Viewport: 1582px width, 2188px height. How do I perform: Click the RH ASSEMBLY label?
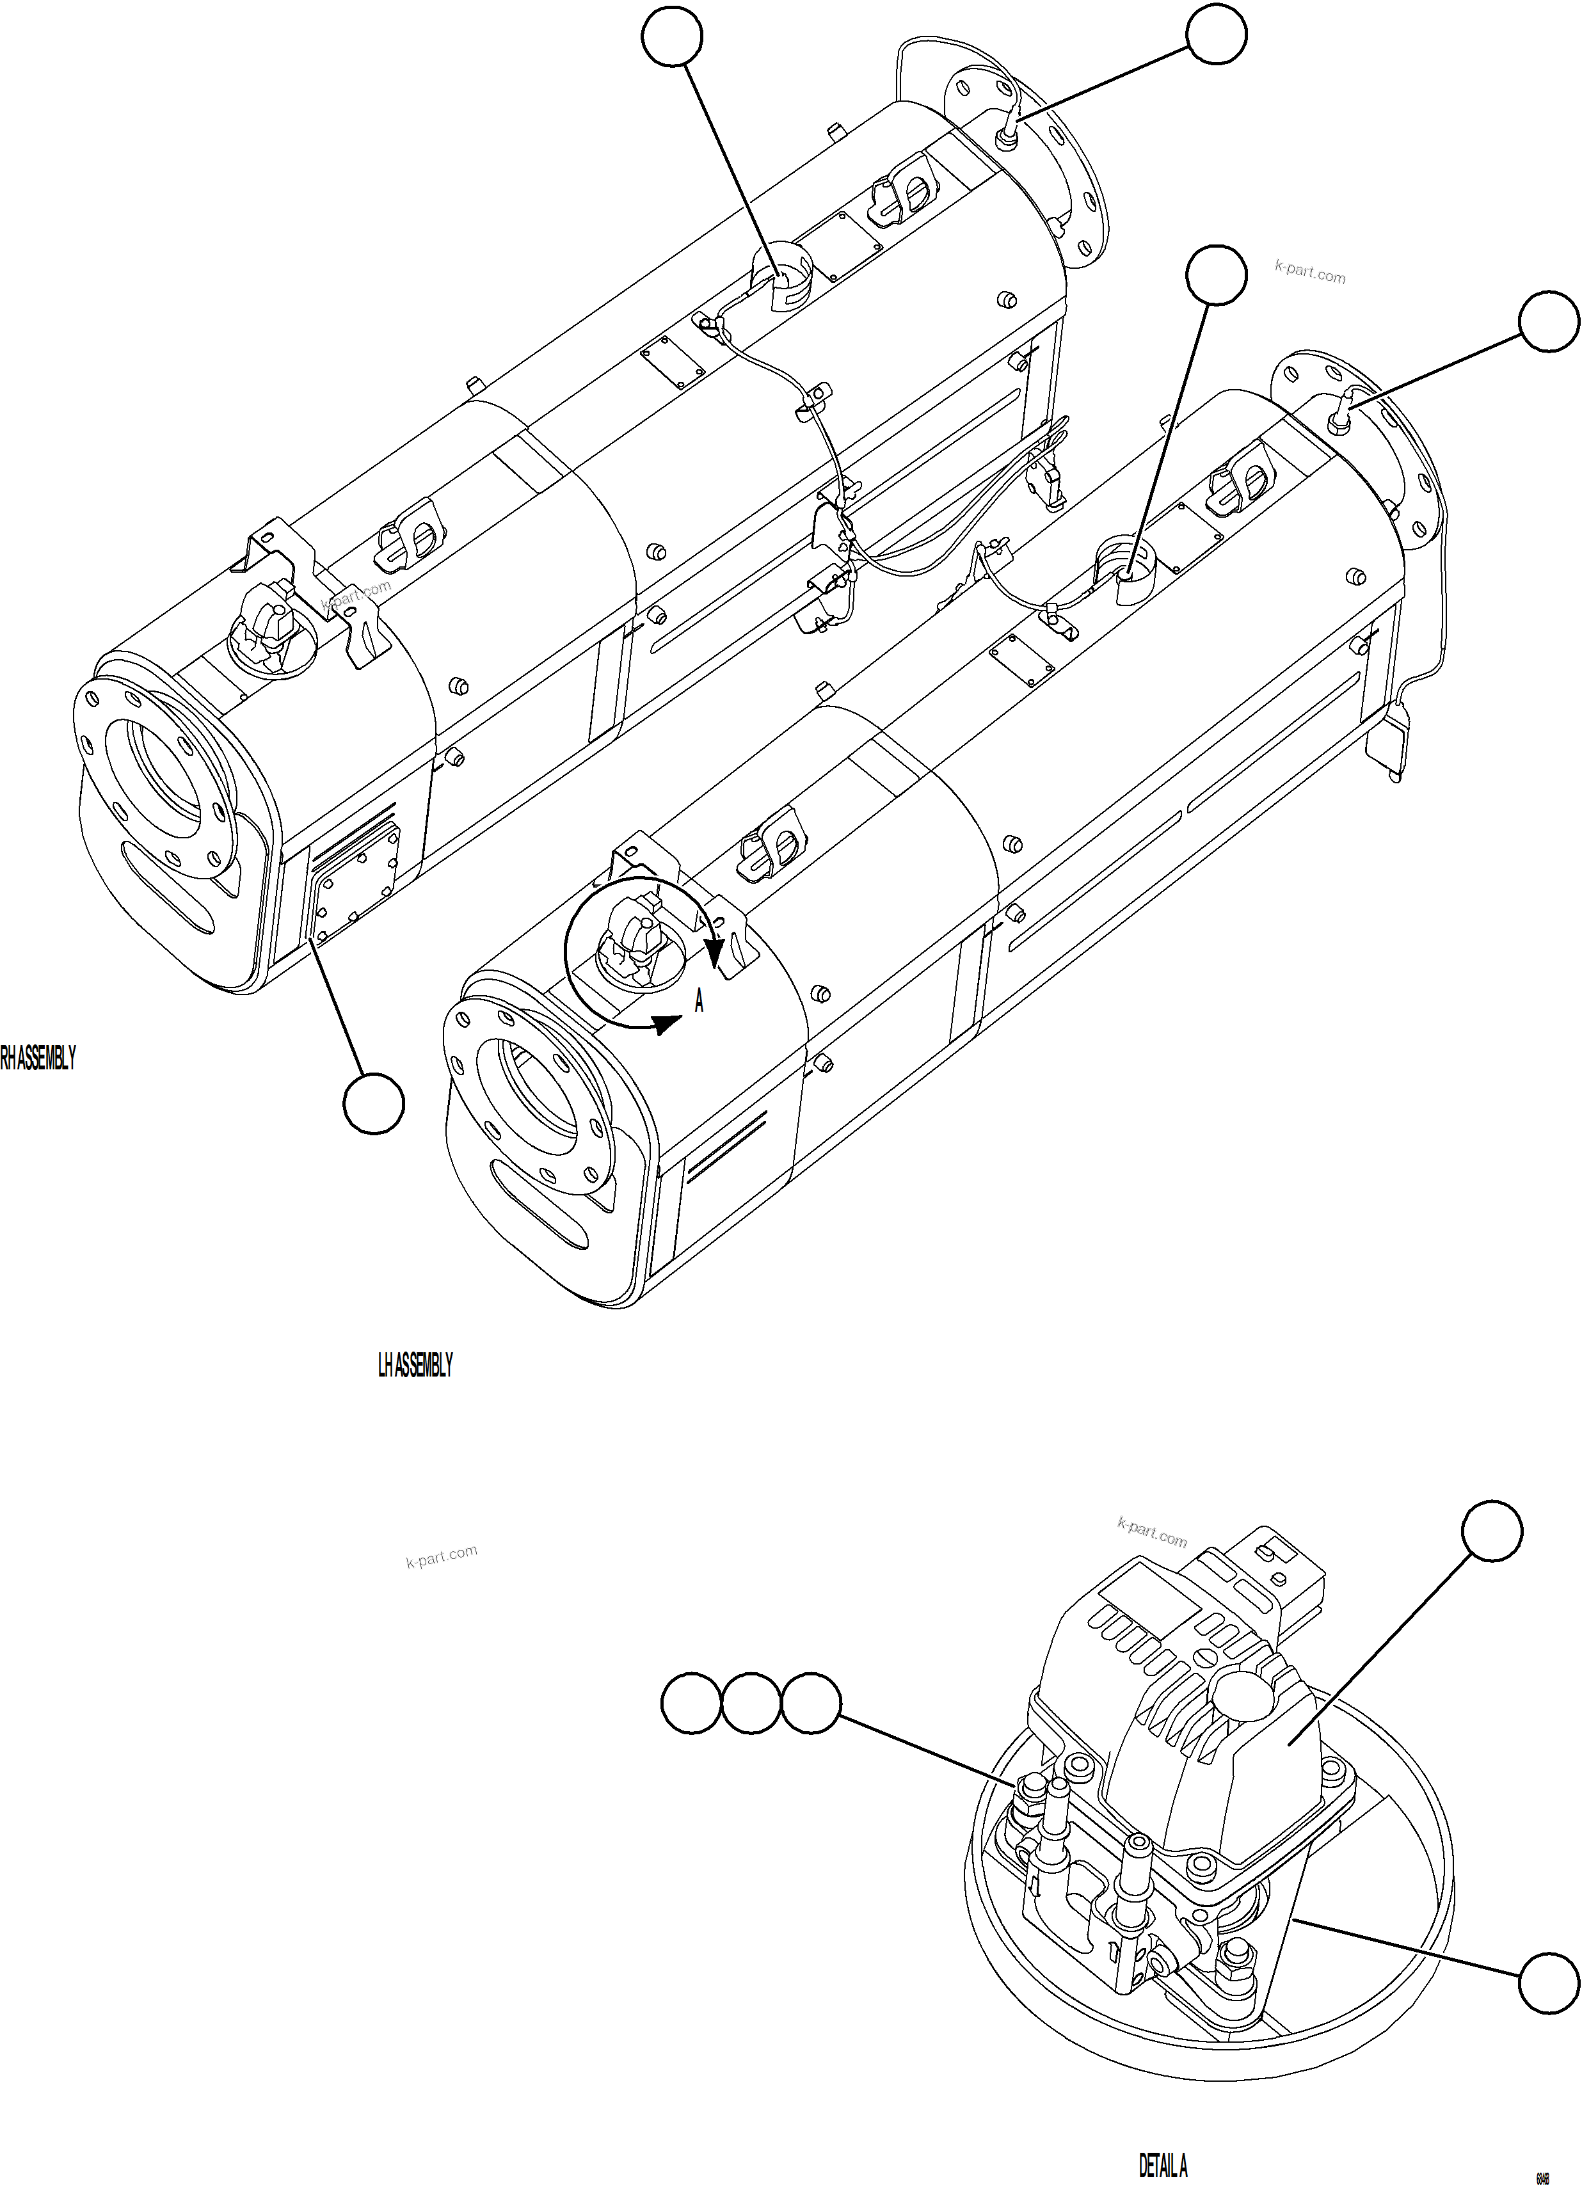tap(36, 1058)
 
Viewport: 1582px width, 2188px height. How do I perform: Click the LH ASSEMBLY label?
tap(415, 1365)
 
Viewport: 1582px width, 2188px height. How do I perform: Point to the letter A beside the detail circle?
tap(699, 1002)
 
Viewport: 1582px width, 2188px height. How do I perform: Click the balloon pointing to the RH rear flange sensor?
tap(1215, 35)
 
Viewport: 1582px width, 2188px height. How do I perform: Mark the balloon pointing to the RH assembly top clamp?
tap(671, 36)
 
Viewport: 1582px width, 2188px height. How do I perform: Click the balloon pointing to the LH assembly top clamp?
tap(1215, 276)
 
